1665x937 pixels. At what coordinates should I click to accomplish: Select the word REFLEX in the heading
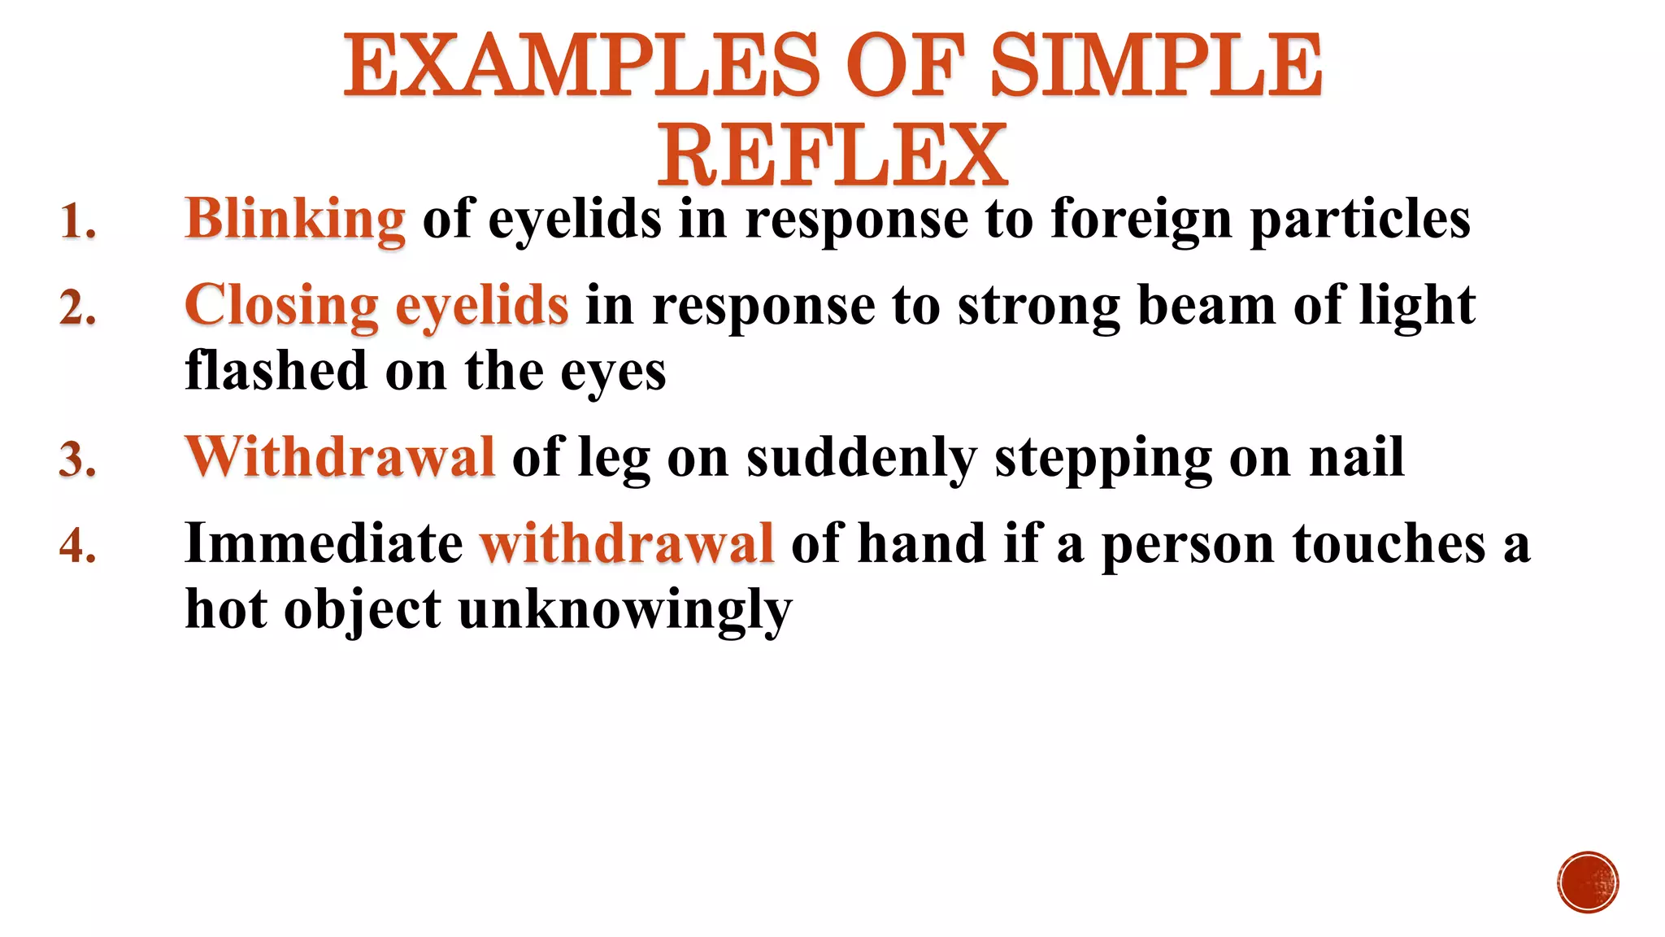coord(832,155)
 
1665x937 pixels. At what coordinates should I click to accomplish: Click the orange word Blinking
coord(295,220)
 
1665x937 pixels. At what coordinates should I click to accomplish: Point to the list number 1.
coord(78,222)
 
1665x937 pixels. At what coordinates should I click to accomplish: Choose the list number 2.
coord(78,309)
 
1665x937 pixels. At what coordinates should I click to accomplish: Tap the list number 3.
coord(78,460)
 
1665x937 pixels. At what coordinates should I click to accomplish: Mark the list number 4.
coord(78,546)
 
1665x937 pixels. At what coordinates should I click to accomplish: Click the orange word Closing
coord(281,307)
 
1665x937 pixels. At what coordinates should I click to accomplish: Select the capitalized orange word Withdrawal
coord(340,457)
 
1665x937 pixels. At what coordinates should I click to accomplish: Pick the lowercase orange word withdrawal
coord(627,543)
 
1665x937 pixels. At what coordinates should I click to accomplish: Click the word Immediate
coord(324,543)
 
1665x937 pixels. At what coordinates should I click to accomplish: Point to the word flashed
coord(276,371)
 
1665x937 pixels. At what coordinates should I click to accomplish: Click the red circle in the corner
coord(1588,883)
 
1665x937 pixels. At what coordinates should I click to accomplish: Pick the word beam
coord(1206,307)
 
